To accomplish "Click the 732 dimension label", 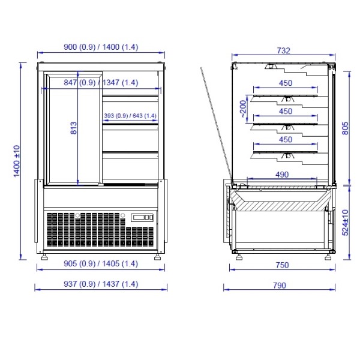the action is (x=284, y=50).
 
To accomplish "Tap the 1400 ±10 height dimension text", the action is (x=17, y=161).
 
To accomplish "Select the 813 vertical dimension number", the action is (x=73, y=128).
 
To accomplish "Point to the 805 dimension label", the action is (x=345, y=128).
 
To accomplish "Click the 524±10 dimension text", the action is (x=345, y=223).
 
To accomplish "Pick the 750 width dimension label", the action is (x=282, y=265).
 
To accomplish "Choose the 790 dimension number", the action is (x=280, y=286).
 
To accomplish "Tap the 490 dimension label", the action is (x=282, y=175).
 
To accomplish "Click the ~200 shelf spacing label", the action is (x=244, y=109).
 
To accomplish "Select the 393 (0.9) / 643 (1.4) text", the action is (x=130, y=115).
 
